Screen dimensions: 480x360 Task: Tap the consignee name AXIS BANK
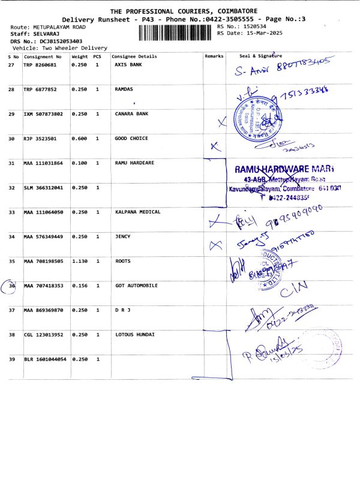point(128,64)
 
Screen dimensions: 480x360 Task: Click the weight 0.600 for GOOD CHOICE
point(79,139)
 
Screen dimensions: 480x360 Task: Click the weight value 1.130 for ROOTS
point(79,261)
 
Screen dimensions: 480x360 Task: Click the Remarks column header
point(214,56)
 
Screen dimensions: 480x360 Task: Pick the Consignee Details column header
point(134,56)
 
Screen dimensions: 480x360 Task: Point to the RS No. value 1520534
point(252,27)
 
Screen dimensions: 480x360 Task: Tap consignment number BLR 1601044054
point(45,359)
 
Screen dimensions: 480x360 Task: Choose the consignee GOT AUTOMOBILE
point(136,286)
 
